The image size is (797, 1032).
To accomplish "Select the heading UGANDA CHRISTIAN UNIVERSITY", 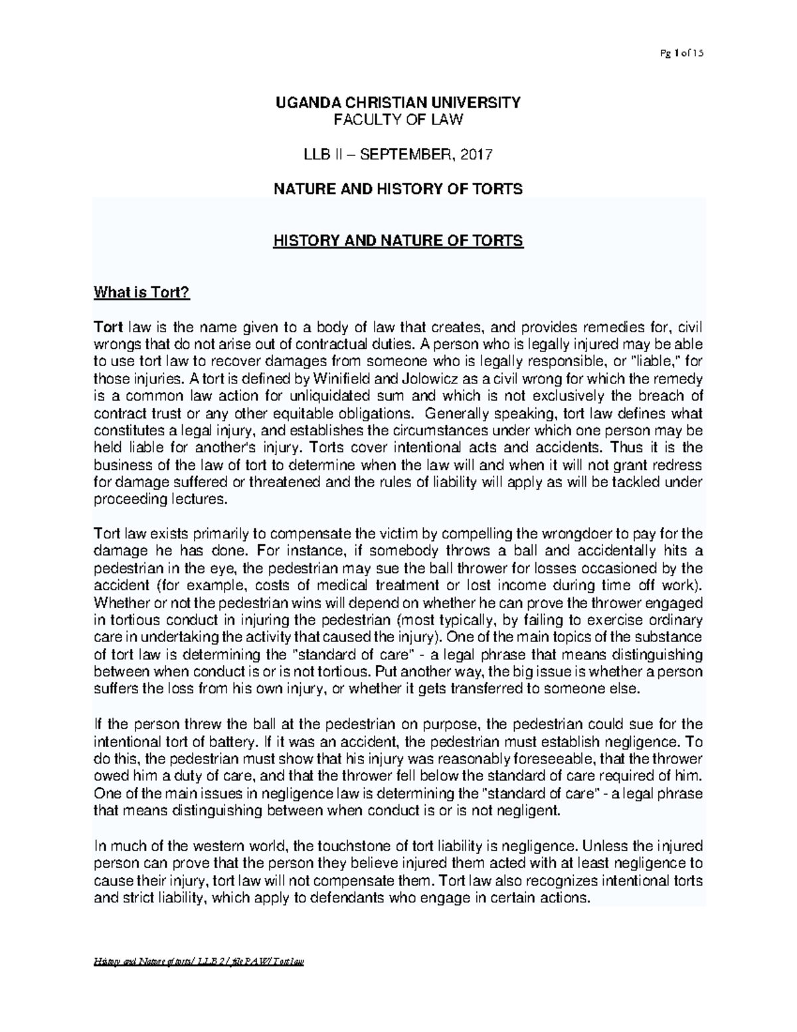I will pos(398,102).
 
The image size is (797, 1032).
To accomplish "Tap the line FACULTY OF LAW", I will pos(398,120).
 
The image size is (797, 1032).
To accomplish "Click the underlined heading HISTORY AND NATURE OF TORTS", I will pos(398,241).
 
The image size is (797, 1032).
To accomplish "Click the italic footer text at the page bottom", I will pos(199,981).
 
